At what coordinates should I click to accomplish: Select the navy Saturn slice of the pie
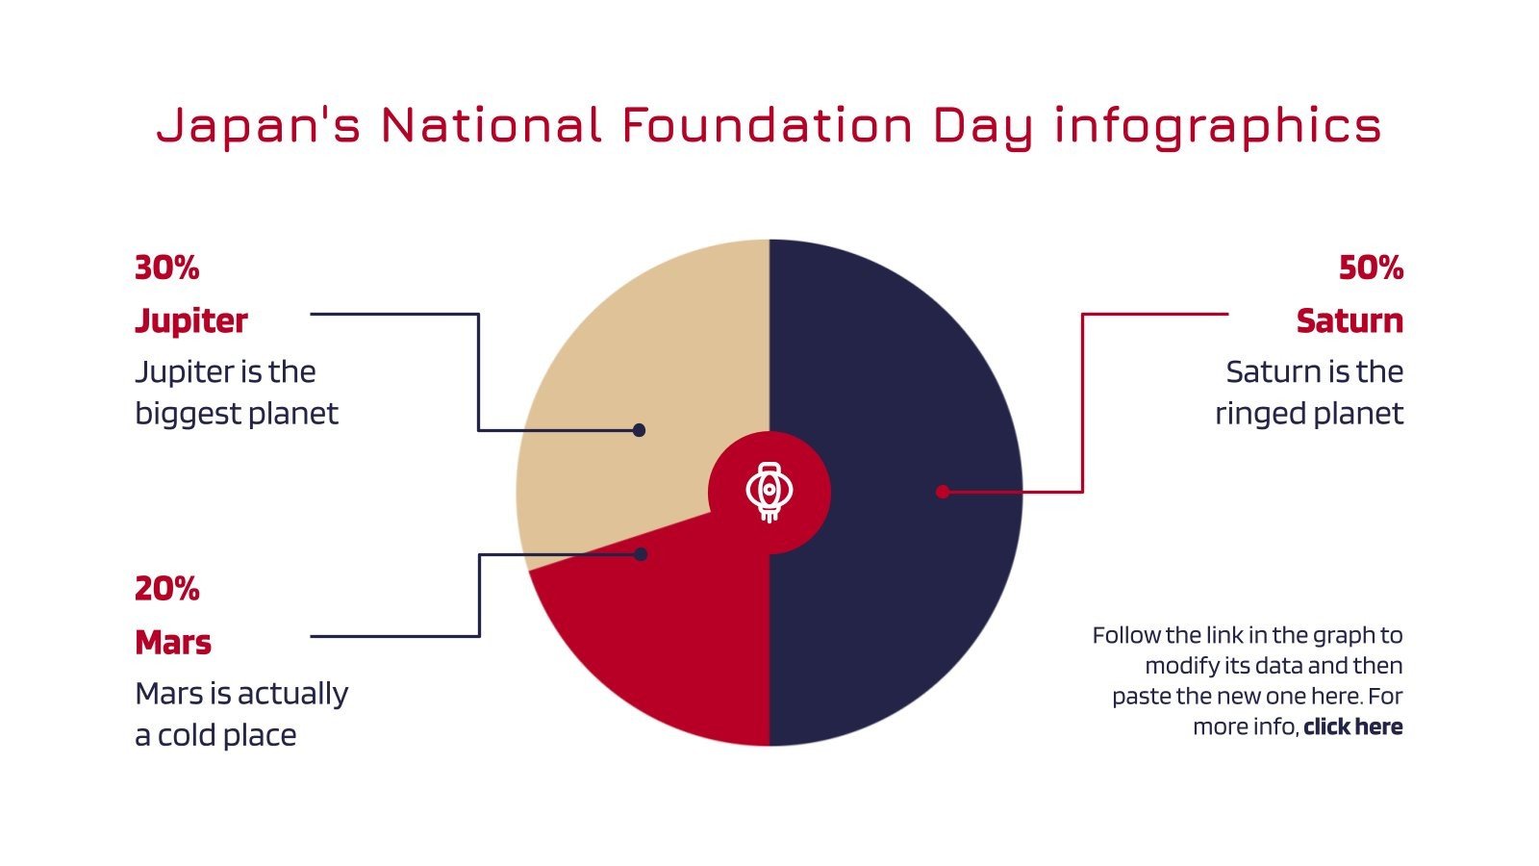pyautogui.click(x=895, y=597)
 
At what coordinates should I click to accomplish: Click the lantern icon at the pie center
pyautogui.click(x=769, y=492)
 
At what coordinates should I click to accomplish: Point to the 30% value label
pyautogui.click(x=167, y=267)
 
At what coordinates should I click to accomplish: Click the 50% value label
pyautogui.click(x=1371, y=267)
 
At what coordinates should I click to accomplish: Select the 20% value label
pyautogui.click(x=167, y=588)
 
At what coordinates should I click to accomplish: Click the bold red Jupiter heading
pyautogui.click(x=191, y=320)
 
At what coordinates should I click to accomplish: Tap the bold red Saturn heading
pyautogui.click(x=1349, y=320)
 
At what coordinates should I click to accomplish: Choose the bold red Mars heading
pyautogui.click(x=173, y=642)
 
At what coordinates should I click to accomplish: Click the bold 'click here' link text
pyautogui.click(x=1352, y=726)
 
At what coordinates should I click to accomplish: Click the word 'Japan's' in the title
pyautogui.click(x=259, y=126)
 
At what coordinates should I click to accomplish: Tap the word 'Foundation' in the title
pyautogui.click(x=767, y=125)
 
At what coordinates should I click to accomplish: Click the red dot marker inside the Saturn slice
pyautogui.click(x=943, y=492)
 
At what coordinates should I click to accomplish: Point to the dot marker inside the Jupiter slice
pyautogui.click(x=639, y=430)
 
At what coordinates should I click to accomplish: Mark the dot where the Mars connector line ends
pyautogui.click(x=641, y=554)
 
